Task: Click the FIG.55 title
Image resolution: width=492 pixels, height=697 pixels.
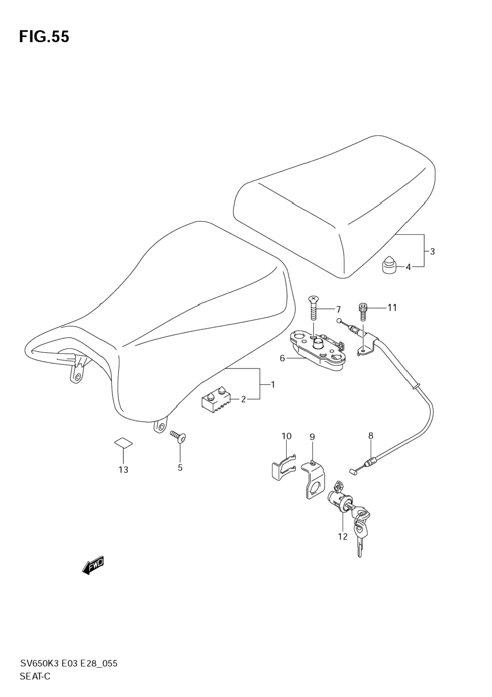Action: coord(44,37)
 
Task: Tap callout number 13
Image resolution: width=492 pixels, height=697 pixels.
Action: coord(123,470)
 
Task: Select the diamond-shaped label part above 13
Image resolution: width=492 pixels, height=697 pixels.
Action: coord(123,443)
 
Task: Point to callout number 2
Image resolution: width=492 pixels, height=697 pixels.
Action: coord(243,399)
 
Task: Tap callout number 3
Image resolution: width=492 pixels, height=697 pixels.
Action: coord(432,252)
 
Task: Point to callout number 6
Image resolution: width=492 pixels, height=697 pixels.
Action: coord(282,358)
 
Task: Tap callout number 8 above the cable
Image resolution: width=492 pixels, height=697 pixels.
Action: coord(370,436)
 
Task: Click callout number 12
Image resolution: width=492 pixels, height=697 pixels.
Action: coord(342,536)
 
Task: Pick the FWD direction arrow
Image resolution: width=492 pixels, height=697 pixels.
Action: coord(93,566)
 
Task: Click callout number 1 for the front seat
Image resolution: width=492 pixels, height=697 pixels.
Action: coord(273,384)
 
